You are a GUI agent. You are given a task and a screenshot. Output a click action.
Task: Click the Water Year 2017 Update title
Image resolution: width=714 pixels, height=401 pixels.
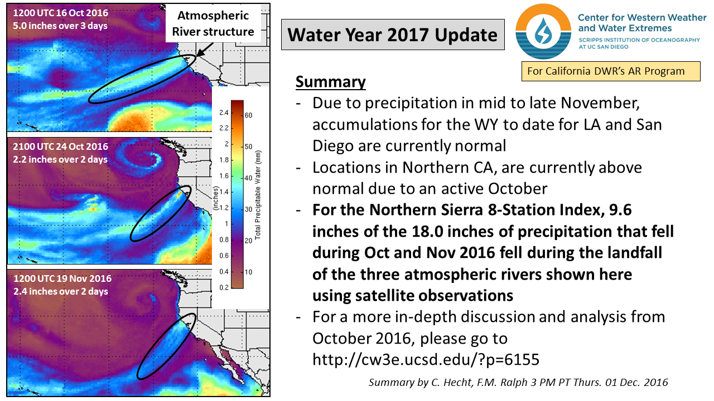[393, 35]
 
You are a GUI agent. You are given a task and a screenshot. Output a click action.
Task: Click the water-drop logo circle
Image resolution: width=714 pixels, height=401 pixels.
[542, 32]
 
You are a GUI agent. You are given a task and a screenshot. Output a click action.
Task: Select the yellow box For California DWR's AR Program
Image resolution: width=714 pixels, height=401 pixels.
[610, 71]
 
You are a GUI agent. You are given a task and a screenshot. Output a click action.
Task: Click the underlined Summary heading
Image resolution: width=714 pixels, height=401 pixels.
[330, 82]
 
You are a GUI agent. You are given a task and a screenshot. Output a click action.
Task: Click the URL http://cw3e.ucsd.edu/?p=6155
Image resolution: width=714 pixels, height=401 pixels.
[426, 360]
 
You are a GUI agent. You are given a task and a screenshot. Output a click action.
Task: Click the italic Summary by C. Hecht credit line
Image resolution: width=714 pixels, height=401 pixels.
[518, 383]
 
